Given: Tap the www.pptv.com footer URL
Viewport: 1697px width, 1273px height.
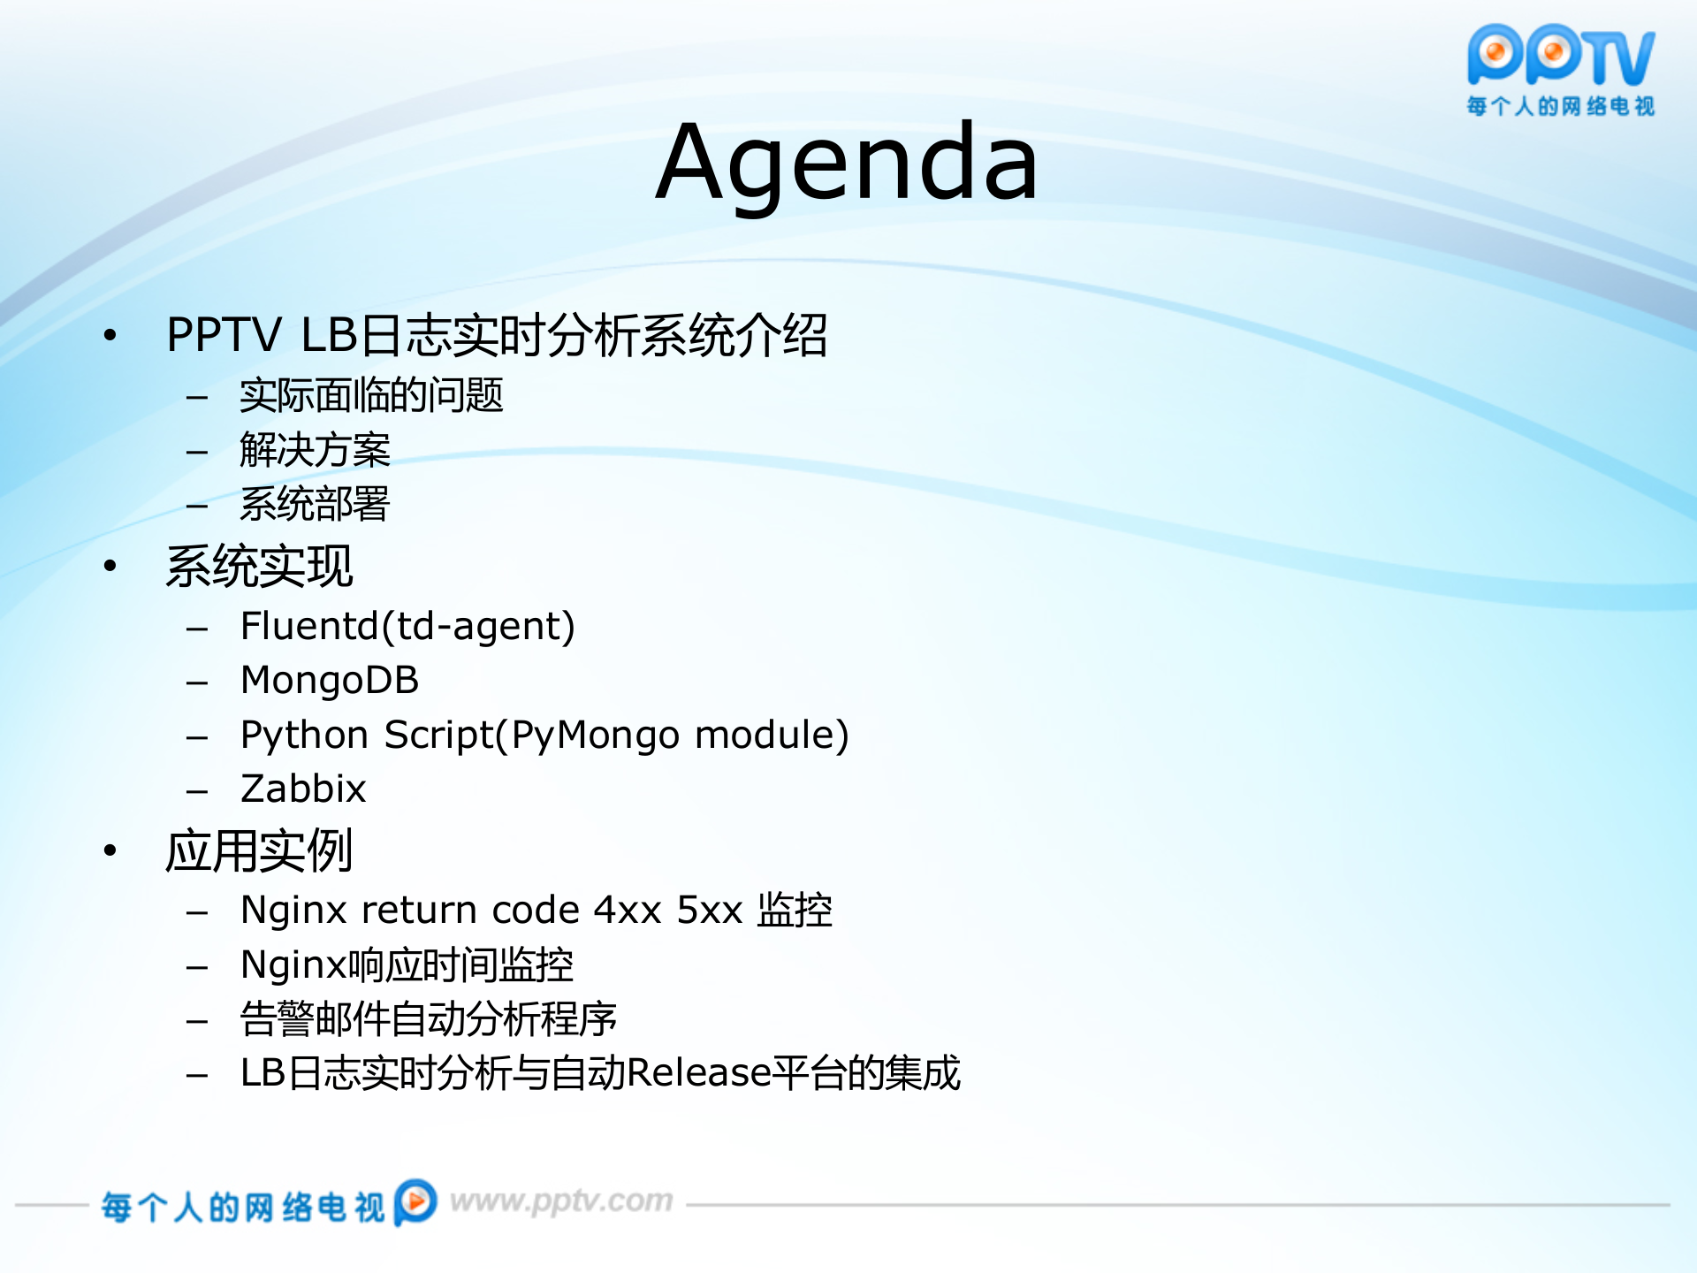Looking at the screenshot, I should tap(561, 1201).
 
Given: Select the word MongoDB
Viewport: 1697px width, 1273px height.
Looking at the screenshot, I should tap(330, 681).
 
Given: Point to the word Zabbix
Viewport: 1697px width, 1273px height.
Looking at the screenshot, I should tap(303, 789).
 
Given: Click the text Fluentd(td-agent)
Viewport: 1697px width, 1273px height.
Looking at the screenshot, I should tap(407, 627).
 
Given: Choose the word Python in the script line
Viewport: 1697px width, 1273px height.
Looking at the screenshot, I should tap(304, 736).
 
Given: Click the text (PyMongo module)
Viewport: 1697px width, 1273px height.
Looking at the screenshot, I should tap(672, 736).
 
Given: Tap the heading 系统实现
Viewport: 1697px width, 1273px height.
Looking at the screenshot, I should tap(259, 567).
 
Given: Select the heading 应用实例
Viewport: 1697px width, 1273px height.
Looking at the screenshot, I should tap(259, 851).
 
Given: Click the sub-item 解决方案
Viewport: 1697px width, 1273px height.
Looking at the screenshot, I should tap(315, 450).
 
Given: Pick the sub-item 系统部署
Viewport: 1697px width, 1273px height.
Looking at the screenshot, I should tap(315, 505).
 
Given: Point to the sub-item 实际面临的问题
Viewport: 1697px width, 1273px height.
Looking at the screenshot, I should tap(371, 395).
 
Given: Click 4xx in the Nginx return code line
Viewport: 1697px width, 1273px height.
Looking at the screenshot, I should tap(628, 911).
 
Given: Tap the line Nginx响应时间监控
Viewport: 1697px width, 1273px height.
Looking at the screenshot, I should tap(407, 965).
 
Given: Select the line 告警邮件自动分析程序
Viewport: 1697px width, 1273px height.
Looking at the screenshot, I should tap(428, 1019).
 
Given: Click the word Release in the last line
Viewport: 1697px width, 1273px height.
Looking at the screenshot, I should tap(698, 1073).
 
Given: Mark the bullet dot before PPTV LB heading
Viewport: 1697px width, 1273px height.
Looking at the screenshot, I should tap(110, 335).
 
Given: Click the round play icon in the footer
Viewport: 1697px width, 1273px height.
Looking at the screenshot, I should tap(415, 1202).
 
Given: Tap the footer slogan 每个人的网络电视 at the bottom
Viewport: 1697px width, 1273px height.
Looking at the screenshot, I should tap(242, 1207).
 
